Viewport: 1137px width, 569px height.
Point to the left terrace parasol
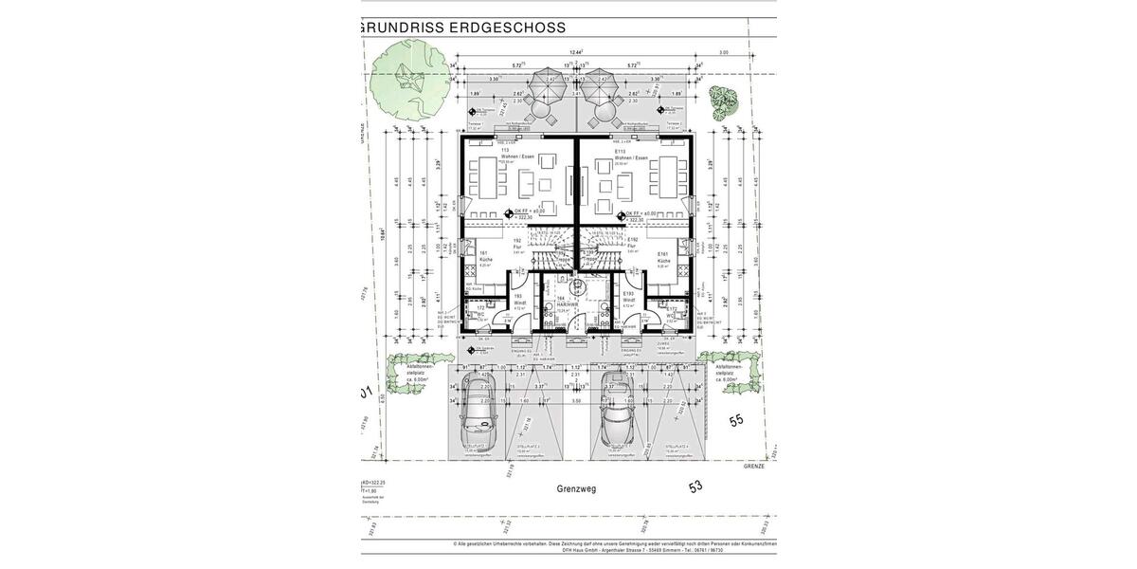tap(549, 88)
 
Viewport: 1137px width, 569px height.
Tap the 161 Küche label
tap(484, 256)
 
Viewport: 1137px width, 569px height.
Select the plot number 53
tap(696, 486)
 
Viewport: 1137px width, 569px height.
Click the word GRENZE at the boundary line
tap(755, 467)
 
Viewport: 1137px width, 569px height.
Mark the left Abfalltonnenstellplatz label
tap(419, 373)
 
